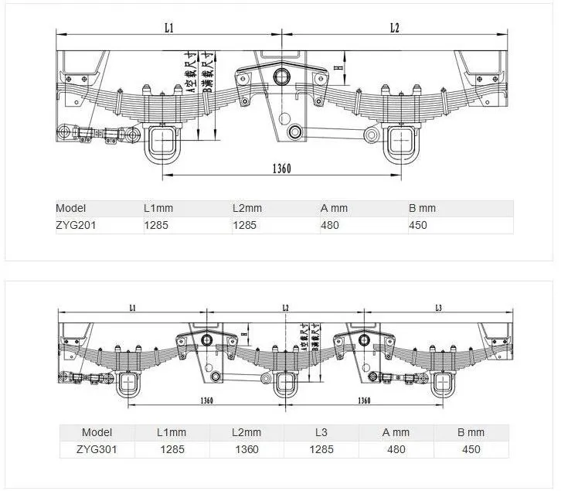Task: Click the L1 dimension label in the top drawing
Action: tap(169, 28)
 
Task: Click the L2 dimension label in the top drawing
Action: tap(394, 28)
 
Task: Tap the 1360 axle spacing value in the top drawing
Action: tap(281, 169)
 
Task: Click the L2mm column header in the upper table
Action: tap(247, 208)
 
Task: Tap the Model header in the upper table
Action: tap(71, 208)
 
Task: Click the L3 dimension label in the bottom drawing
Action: tap(438, 308)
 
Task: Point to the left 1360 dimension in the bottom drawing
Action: tap(206, 401)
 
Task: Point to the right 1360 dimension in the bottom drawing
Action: tap(364, 401)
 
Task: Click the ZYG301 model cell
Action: tap(97, 448)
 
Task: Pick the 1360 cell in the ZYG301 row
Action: tap(246, 448)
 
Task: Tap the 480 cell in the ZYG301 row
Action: tap(396, 448)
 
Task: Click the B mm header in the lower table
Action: tap(471, 432)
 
